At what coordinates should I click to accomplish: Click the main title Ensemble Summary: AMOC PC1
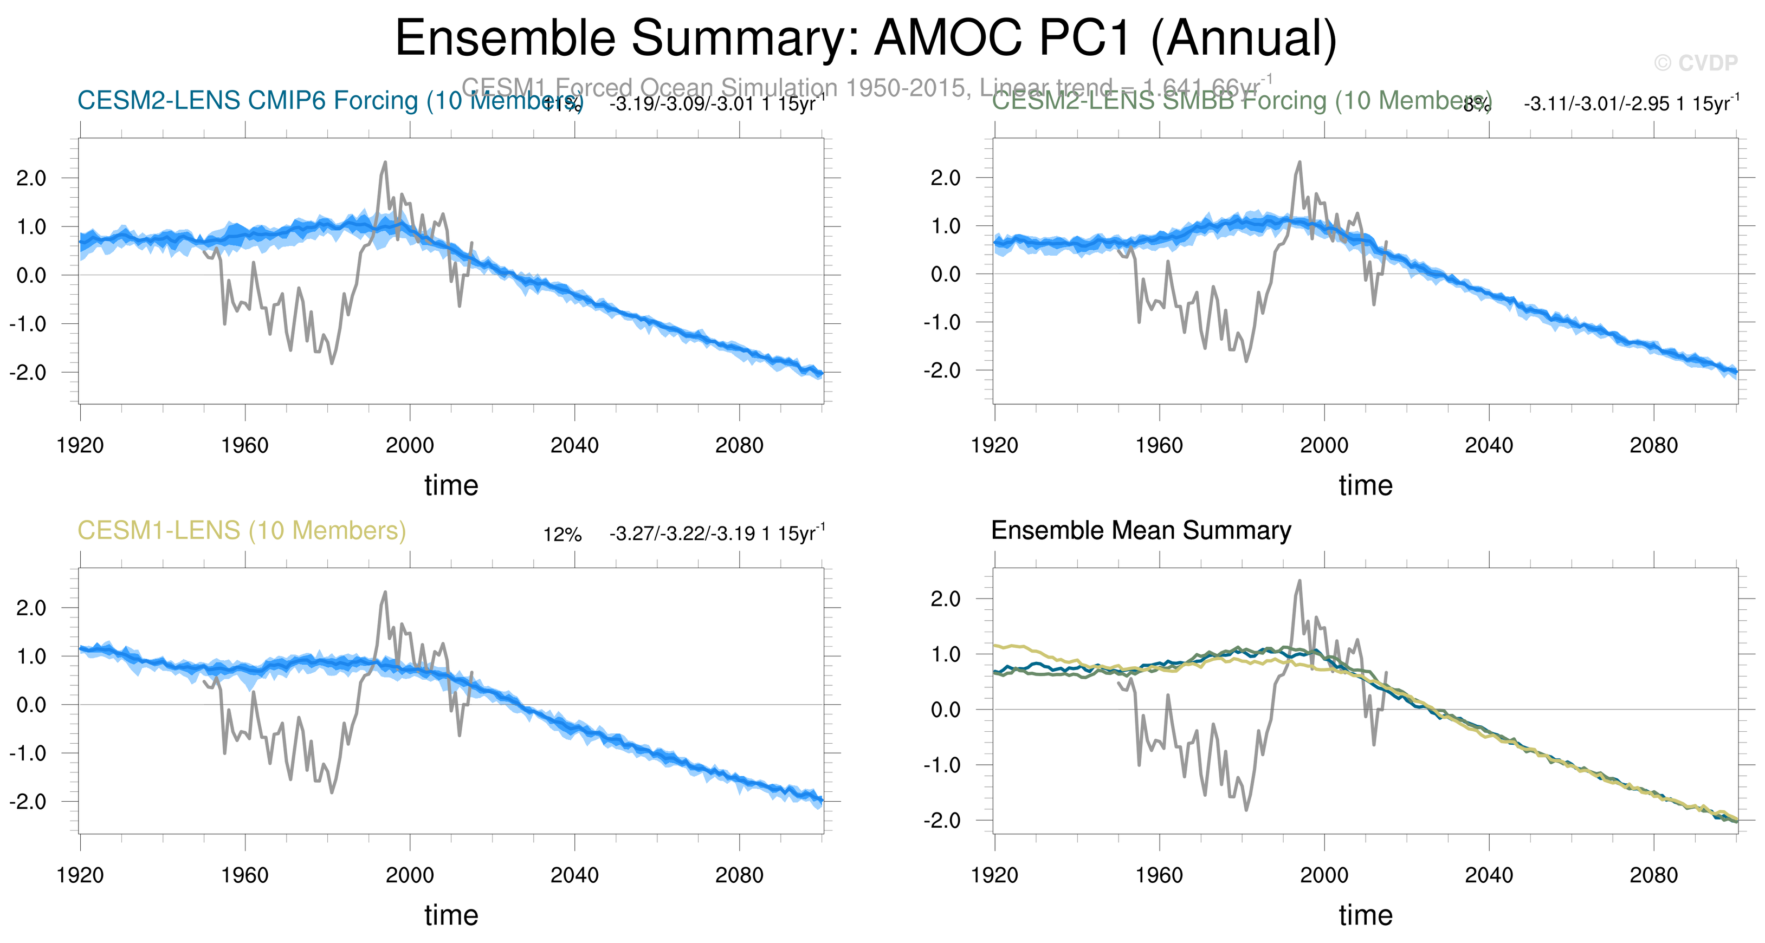pos(865,38)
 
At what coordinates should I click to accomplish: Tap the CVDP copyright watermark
pos(1696,63)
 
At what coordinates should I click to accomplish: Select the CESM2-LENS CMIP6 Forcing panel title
pos(329,101)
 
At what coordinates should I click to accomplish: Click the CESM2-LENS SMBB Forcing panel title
pos(1240,101)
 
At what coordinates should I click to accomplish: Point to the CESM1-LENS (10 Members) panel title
pos(241,531)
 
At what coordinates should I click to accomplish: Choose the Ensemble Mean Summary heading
pos(1141,531)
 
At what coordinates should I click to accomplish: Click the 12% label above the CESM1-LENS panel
pos(562,535)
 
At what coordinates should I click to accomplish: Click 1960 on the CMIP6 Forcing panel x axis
pos(244,446)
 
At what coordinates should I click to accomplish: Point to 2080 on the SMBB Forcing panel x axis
pos(1653,446)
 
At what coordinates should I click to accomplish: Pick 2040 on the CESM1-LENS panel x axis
pos(574,875)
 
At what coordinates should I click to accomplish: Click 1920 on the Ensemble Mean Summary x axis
pos(994,875)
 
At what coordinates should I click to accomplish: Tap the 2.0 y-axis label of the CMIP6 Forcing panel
pos(31,178)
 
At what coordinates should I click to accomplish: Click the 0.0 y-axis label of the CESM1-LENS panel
pos(31,705)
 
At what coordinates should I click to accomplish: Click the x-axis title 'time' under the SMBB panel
pos(1366,485)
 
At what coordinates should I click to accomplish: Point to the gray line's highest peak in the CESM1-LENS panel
pos(384,593)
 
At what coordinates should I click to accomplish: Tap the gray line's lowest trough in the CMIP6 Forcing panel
pos(332,363)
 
